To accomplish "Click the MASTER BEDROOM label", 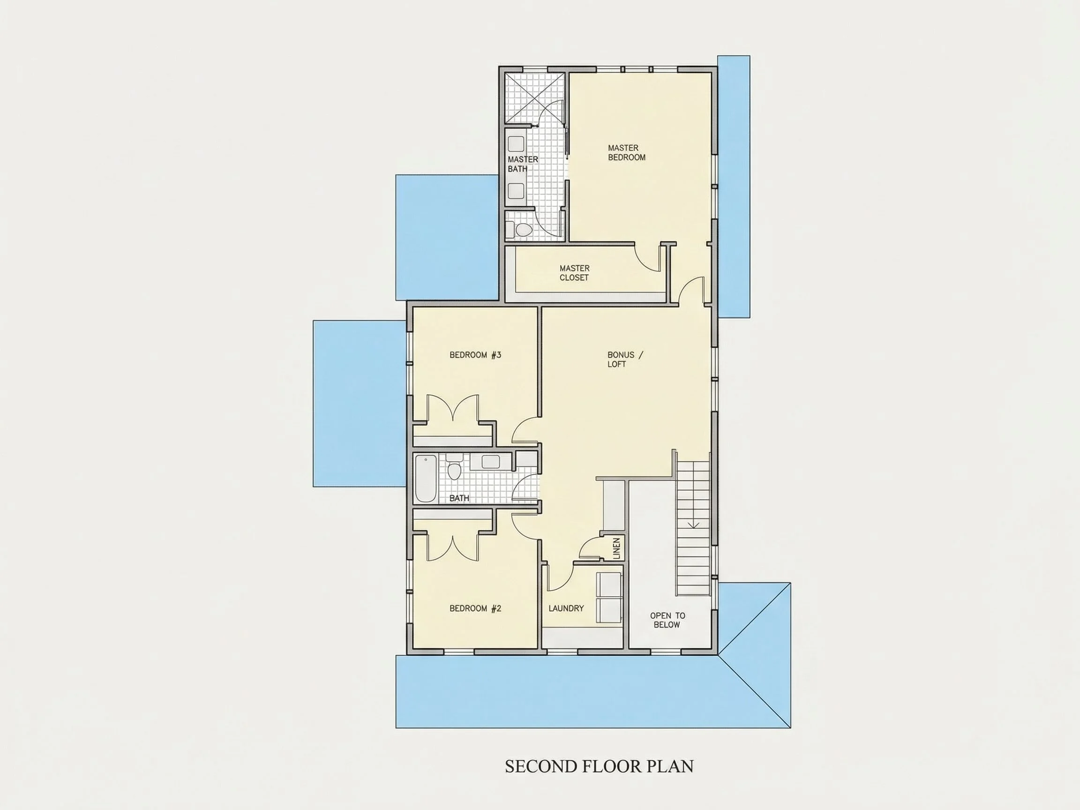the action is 626,152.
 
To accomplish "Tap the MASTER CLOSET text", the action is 574,273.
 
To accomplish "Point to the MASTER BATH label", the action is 523,164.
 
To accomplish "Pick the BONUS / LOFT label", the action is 625,360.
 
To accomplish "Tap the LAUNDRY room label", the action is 566,608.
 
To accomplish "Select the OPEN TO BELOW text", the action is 667,620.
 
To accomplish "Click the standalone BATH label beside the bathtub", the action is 459,498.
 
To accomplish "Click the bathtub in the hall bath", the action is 425,479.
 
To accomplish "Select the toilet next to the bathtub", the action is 454,469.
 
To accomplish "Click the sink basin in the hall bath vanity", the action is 491,462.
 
